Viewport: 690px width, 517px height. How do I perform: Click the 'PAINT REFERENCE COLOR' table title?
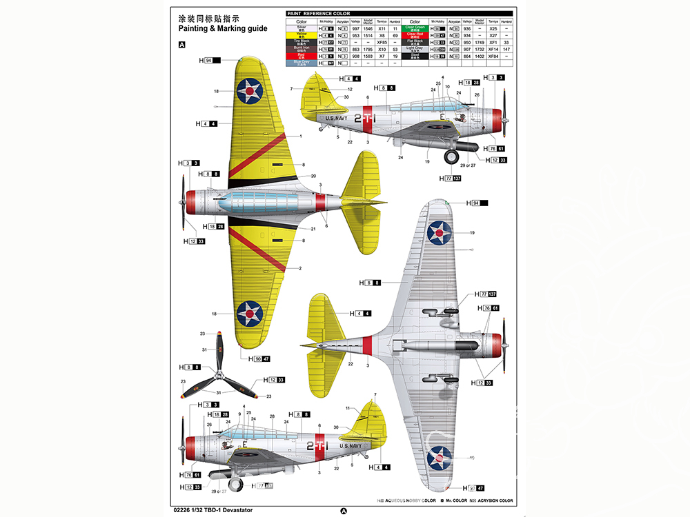[x=318, y=13]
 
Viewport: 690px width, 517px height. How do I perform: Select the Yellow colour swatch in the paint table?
[x=301, y=35]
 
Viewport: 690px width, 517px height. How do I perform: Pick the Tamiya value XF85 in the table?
[x=381, y=42]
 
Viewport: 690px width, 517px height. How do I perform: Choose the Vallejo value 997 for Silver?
[x=356, y=28]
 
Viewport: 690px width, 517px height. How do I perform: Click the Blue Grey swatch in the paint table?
[x=301, y=63]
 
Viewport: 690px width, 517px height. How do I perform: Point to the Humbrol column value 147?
[x=506, y=50]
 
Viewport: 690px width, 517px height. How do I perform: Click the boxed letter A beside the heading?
[x=182, y=45]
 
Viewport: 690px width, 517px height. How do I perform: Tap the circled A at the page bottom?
[x=344, y=511]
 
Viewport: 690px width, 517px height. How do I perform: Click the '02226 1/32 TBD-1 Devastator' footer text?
[x=215, y=509]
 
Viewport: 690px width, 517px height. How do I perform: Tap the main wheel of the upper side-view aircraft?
[x=452, y=156]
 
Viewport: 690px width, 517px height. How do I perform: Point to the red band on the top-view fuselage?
[x=320, y=201]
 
